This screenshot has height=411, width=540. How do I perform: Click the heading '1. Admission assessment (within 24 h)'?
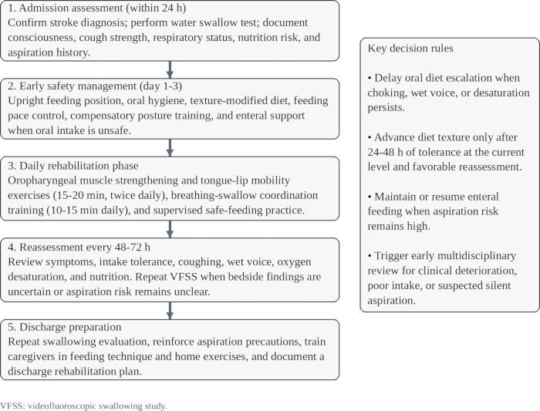96,8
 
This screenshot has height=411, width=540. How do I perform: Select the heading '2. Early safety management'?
73,86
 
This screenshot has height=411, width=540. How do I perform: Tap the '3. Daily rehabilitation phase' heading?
73,166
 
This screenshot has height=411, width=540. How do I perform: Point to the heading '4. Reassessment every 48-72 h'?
79,247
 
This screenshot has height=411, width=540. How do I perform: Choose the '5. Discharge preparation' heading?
64,327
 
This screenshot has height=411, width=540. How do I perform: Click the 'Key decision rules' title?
410,48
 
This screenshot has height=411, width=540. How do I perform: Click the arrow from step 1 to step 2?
170,70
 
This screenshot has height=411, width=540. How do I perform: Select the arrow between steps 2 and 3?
170,148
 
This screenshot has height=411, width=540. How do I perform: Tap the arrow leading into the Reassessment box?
170,229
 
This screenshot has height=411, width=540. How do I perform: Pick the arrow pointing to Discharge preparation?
170,311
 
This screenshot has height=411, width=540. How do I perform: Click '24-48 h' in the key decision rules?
385,152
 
